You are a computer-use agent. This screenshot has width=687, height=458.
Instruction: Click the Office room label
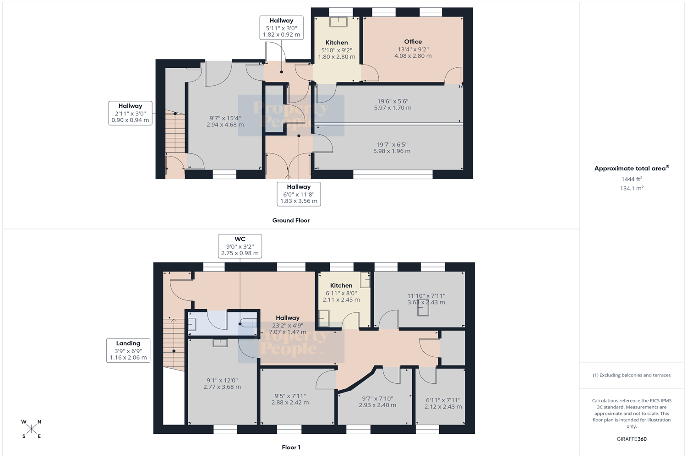[x=413, y=42]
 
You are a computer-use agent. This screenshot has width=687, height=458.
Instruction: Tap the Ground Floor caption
[x=291, y=220]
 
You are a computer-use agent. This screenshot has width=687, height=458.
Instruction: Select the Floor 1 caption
[x=291, y=447]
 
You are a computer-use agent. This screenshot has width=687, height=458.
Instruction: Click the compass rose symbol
[x=31, y=429]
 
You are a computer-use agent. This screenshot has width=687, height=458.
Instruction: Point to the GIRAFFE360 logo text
[x=632, y=439]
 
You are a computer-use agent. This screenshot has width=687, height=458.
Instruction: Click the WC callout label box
[x=240, y=246]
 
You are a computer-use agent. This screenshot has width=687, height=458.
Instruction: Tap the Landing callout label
[x=128, y=351]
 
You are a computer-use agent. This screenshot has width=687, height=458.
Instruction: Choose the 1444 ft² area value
[x=632, y=179]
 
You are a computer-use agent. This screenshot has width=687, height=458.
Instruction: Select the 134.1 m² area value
[x=632, y=188]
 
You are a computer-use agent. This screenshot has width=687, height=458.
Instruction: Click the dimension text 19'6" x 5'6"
[x=393, y=101]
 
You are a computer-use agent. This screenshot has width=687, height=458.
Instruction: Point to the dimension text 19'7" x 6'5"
[x=392, y=144]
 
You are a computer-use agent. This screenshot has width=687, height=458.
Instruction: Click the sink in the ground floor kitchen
[x=338, y=22]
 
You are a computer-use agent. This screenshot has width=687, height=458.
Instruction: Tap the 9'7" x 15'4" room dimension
[x=225, y=118]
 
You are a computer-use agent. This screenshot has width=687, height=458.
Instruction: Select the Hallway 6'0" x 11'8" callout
[x=299, y=194]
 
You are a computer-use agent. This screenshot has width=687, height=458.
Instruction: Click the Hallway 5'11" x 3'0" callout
[x=282, y=27]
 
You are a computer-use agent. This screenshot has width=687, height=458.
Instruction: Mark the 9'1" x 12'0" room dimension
[x=222, y=381]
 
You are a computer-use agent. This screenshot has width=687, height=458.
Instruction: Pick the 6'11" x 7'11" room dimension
[x=443, y=400]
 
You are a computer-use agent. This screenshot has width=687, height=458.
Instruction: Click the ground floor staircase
[x=175, y=133]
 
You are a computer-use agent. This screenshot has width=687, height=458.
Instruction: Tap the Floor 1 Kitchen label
[x=341, y=286]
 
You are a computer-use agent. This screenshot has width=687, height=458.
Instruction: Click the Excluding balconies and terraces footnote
[x=632, y=375]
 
